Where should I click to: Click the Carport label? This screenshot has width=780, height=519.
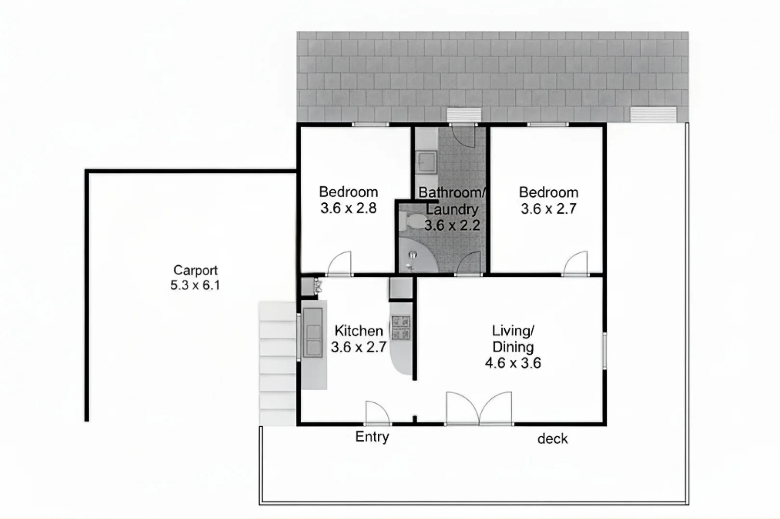[x=195, y=270]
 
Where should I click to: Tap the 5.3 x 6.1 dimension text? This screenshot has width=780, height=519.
[x=195, y=285]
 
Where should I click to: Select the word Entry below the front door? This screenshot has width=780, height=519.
[x=372, y=437]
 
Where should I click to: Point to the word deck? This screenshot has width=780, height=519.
[x=552, y=439]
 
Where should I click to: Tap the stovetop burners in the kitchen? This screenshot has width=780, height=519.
[x=400, y=328]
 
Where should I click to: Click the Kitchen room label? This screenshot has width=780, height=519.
[x=358, y=331]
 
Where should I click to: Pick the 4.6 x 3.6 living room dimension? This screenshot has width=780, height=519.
[x=513, y=363]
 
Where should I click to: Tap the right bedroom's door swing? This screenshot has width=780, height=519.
[x=576, y=264]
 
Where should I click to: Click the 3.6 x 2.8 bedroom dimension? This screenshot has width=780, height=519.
[x=348, y=208]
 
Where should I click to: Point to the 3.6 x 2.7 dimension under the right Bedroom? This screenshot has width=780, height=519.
[x=549, y=209]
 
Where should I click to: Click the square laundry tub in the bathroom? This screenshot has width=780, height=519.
[x=426, y=162]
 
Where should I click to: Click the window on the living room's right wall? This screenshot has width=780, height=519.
[x=604, y=350]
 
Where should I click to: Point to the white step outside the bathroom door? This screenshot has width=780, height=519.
[x=464, y=115]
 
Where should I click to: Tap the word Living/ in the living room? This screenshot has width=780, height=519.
[x=513, y=331]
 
